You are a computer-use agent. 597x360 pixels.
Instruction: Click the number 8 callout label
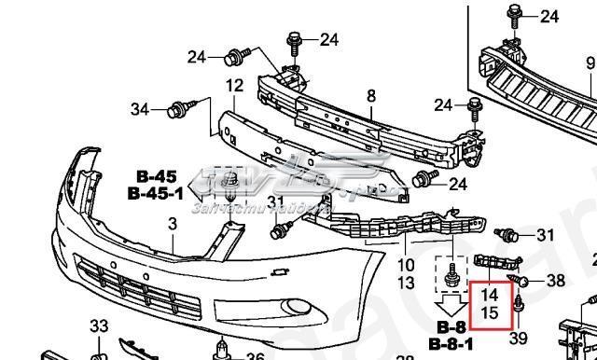[371, 96]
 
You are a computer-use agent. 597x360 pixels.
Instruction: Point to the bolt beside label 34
[174, 112]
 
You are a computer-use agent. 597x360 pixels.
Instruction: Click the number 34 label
[140, 110]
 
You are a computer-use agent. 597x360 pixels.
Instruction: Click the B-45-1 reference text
[151, 193]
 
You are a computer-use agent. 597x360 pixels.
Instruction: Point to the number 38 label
[555, 279]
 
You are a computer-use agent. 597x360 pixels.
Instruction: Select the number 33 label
[99, 325]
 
